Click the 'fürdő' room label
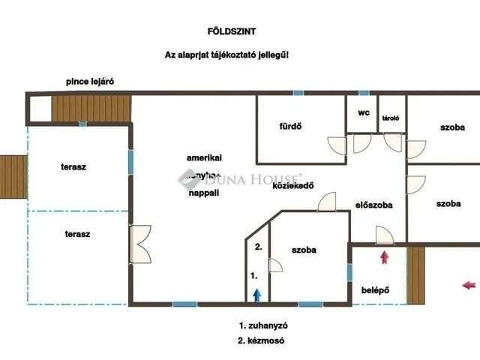(x=290, y=126)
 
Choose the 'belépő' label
(x=375, y=288)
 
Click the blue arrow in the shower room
(x=256, y=295)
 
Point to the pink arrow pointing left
(x=469, y=284)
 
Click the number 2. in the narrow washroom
(x=258, y=247)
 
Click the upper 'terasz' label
(x=73, y=166)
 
